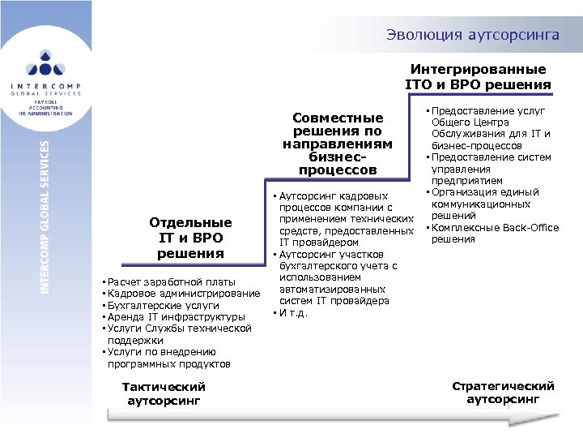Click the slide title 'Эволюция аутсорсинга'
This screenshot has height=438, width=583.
point(472,35)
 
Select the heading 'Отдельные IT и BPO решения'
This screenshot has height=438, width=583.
point(190,238)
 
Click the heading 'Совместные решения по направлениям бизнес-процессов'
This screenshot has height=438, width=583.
point(338,144)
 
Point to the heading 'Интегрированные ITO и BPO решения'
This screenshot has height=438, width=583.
point(478,77)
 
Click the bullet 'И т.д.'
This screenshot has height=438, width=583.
point(293,313)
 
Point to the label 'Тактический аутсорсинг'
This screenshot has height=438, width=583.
point(164,393)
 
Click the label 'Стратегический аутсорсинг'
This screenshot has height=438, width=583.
point(503,393)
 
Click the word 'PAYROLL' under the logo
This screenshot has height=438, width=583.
point(46,102)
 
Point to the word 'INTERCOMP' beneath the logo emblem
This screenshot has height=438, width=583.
point(46,86)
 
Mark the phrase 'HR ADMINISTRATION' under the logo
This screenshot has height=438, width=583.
point(46,114)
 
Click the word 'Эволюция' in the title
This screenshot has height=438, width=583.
point(420,35)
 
